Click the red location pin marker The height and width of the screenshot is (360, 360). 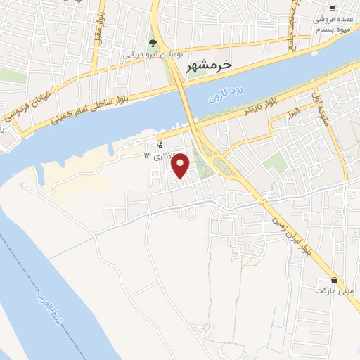[x=181, y=165]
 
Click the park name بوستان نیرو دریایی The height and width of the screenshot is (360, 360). [x=153, y=53]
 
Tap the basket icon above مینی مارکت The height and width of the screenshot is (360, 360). [x=334, y=280]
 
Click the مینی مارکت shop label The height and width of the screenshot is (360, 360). [x=333, y=290]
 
